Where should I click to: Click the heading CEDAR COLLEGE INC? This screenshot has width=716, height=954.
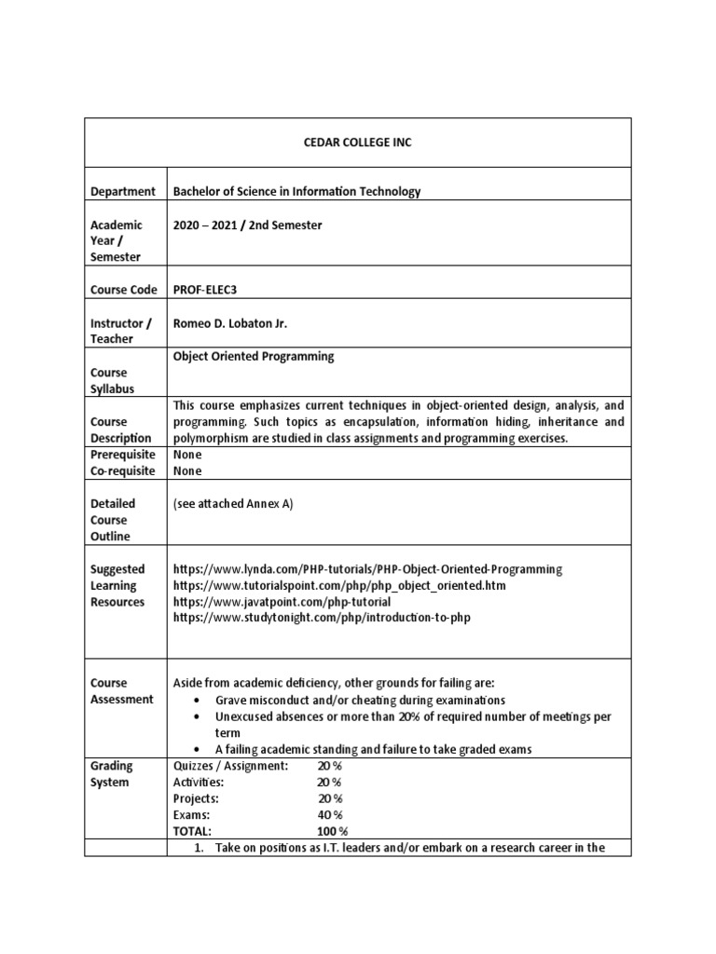(x=357, y=143)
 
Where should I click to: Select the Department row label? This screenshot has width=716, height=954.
(x=122, y=192)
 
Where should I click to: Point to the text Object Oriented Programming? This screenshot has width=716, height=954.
(x=254, y=357)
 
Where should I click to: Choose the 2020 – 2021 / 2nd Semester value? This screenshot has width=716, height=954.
(x=248, y=225)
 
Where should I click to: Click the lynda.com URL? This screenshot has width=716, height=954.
(x=368, y=569)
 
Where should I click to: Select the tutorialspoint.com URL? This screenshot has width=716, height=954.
(x=340, y=586)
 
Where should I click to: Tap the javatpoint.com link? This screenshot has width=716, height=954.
(x=282, y=602)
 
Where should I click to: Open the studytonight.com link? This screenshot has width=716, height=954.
(x=316, y=619)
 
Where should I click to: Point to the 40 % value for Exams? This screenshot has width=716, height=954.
(x=330, y=815)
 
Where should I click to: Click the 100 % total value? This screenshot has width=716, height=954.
(x=332, y=831)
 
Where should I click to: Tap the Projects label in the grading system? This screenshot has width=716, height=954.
(x=197, y=799)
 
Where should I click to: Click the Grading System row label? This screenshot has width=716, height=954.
(x=112, y=774)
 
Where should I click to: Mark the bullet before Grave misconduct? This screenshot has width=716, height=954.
(x=195, y=700)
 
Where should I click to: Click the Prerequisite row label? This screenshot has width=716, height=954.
(x=122, y=455)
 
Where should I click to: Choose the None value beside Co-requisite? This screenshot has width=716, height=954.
(x=187, y=471)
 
